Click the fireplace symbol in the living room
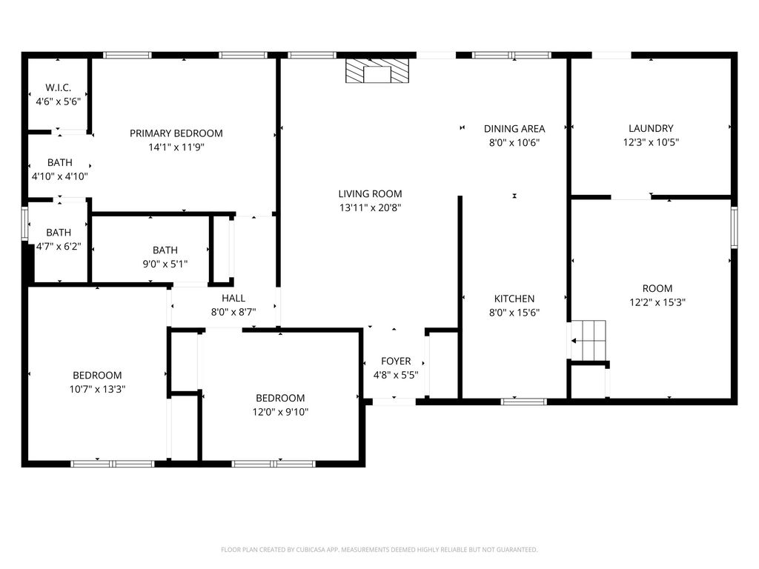(x=377, y=71)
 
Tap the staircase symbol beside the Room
(x=589, y=340)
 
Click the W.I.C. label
(x=59, y=87)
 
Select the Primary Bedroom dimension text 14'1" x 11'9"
(x=176, y=147)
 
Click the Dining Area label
(x=514, y=128)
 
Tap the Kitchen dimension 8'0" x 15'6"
(x=514, y=312)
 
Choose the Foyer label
(x=396, y=361)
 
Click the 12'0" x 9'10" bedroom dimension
(x=280, y=411)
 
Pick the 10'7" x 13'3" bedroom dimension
(x=97, y=389)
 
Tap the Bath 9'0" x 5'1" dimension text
(x=165, y=264)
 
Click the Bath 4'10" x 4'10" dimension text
(x=60, y=176)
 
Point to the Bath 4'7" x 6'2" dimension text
(x=59, y=246)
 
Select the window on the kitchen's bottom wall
(x=523, y=402)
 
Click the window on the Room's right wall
(x=734, y=227)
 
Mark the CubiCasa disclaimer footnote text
(x=379, y=550)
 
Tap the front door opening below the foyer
(x=394, y=402)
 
